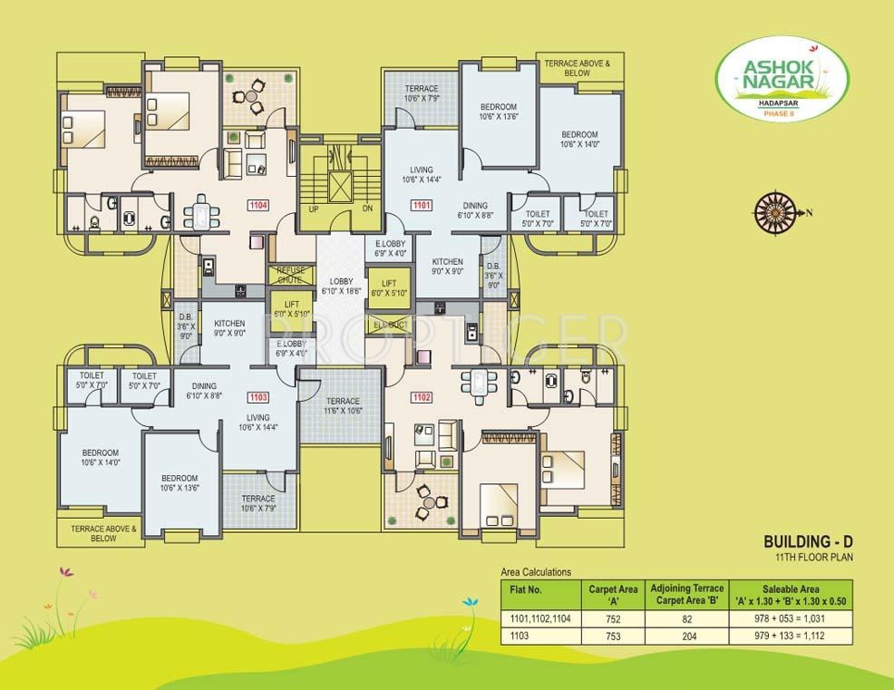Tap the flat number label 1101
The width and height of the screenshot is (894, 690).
420,205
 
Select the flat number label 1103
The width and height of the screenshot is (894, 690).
257,397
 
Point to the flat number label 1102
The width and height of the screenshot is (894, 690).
420,396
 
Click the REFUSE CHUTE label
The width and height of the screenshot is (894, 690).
291,275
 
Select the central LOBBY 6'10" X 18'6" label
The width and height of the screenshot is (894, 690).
341,286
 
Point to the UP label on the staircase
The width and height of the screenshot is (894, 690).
315,208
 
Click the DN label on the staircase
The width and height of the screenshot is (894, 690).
367,208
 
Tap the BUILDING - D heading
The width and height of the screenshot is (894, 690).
809,541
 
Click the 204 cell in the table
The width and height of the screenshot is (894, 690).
687,637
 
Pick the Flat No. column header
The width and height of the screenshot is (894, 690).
527,589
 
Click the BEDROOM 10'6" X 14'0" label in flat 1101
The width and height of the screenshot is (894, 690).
578,139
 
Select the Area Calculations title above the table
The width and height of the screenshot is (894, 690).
537,572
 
